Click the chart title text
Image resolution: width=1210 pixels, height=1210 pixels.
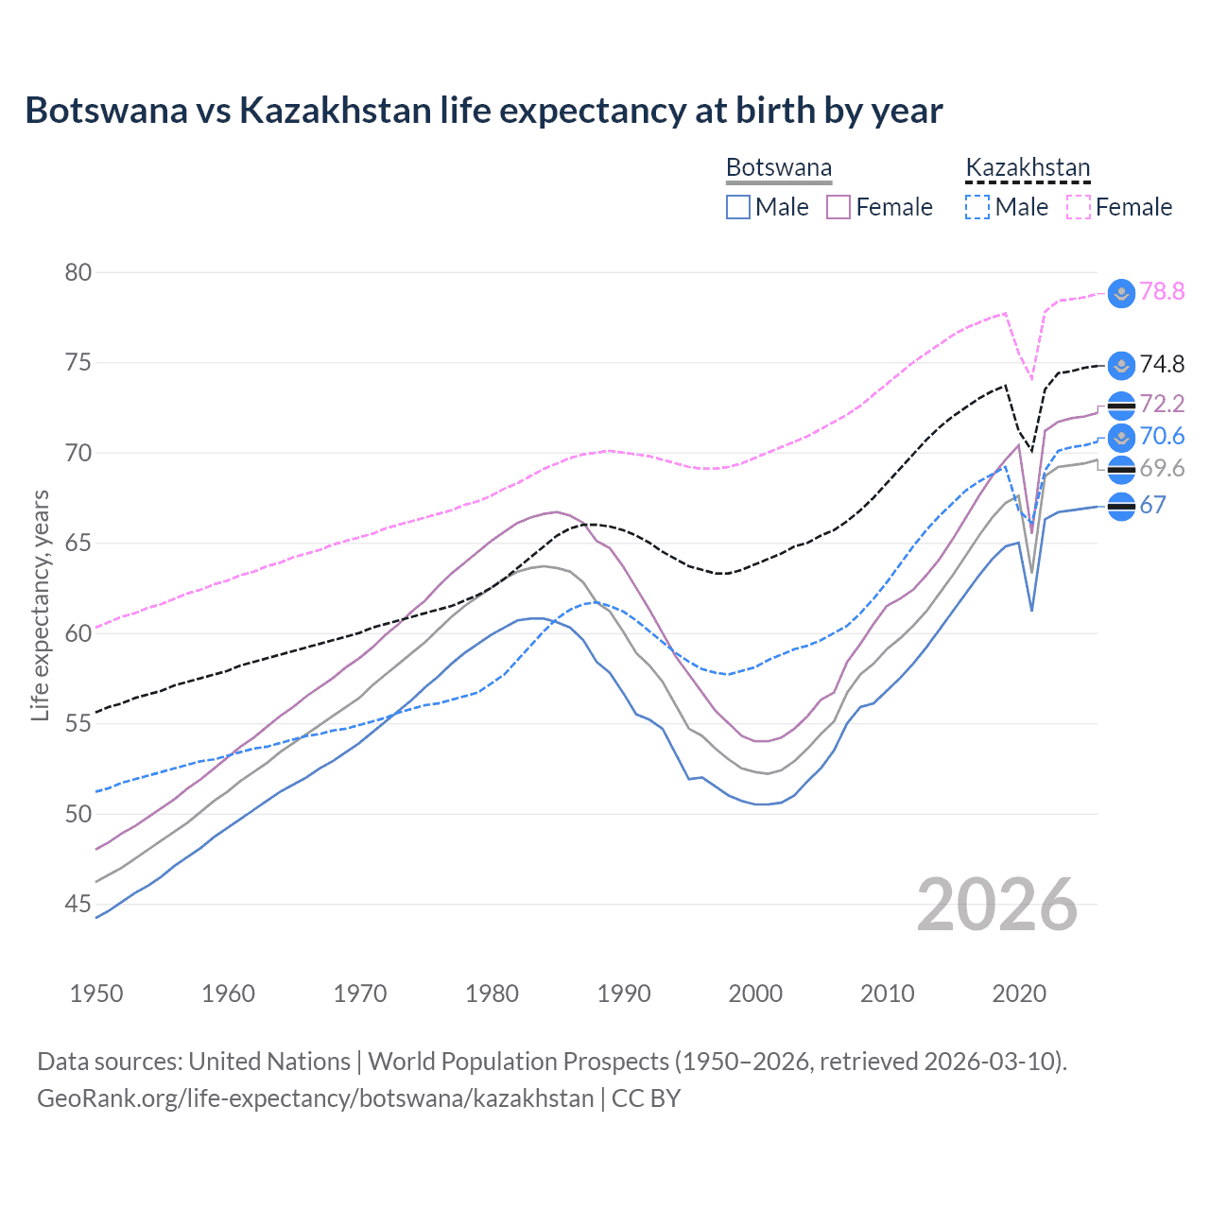pos(483,111)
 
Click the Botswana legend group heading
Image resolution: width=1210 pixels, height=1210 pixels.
pos(779,167)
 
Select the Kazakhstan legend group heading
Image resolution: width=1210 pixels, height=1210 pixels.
pos(1028,167)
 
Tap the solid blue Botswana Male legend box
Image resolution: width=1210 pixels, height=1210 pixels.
pos(738,207)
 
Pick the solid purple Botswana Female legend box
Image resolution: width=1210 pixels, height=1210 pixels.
pos(838,207)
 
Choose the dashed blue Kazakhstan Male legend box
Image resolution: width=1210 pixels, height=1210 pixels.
pos(977,207)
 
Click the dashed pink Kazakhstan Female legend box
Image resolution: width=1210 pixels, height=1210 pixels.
pos(1078,207)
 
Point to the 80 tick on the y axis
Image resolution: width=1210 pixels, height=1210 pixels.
pos(78,272)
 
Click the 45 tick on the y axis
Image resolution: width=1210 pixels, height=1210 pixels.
pos(78,905)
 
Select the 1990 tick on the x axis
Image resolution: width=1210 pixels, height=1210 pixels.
pos(624,994)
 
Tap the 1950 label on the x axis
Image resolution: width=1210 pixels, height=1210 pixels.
pos(96,994)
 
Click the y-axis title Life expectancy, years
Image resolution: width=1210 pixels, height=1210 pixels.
pos(40,605)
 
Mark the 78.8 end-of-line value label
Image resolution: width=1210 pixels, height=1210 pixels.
pos(1162,291)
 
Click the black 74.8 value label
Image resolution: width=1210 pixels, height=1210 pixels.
pos(1162,364)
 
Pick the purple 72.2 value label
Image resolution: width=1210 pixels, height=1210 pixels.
pos(1162,404)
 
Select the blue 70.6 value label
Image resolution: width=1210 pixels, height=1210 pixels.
pos(1162,436)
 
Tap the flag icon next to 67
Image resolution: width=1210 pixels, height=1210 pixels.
pos(1121,507)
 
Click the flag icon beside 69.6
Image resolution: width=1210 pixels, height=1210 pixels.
pos(1121,469)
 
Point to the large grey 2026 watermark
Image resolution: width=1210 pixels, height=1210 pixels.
pos(997,905)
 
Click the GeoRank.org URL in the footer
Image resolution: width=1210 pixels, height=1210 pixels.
pos(315,1098)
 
